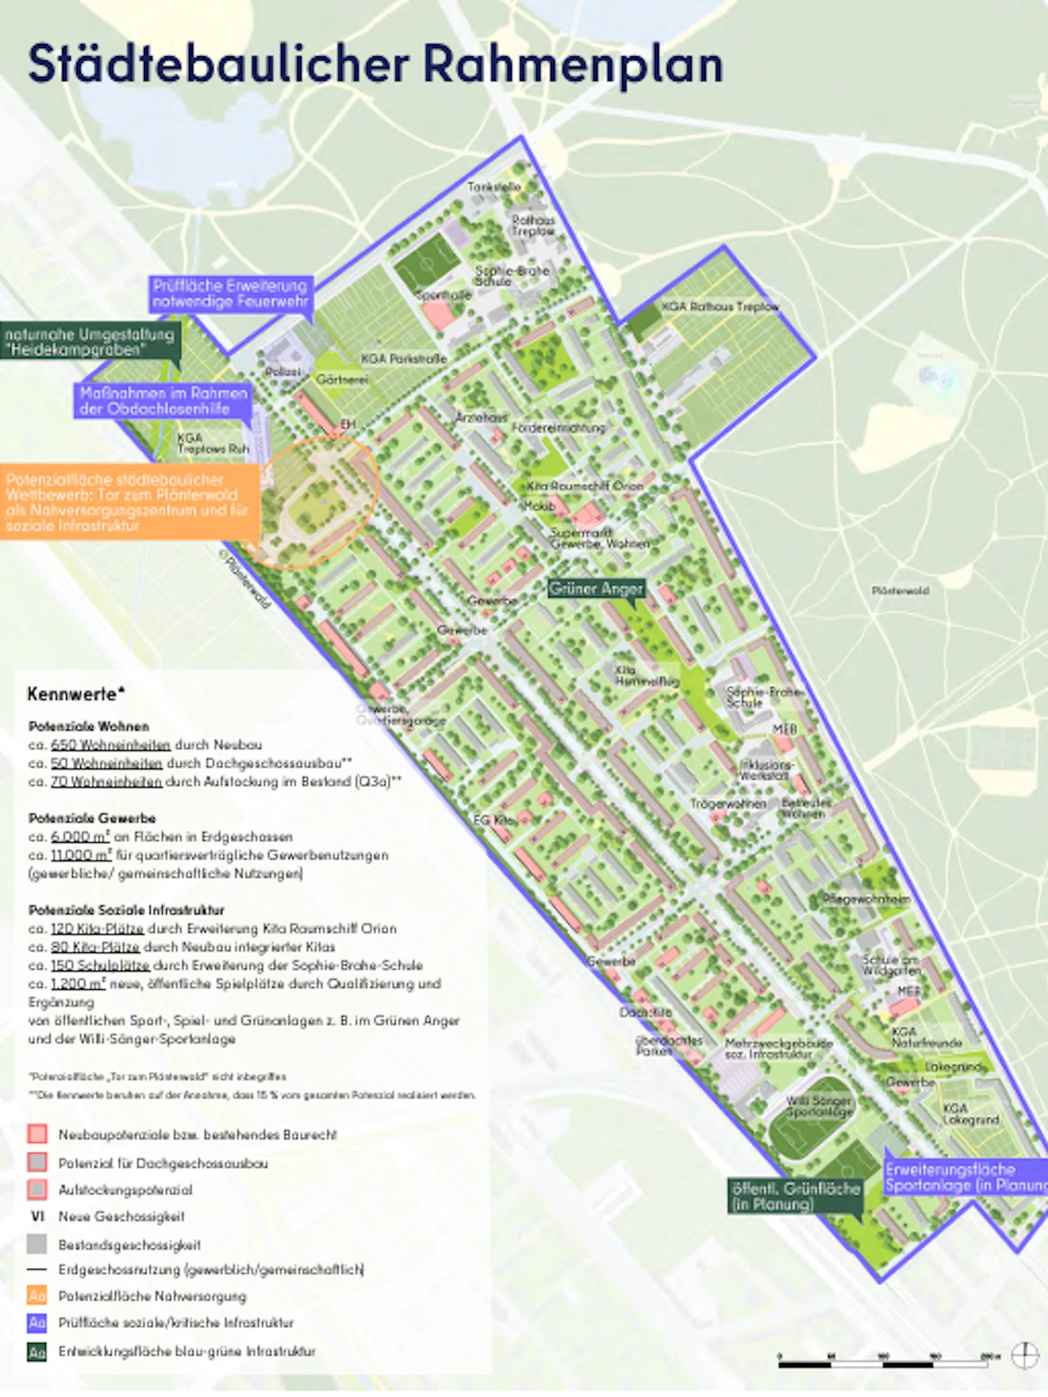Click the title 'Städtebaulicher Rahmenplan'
click(x=375, y=64)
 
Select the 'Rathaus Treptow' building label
click(x=533, y=226)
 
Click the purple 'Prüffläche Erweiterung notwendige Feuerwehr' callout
click(x=231, y=294)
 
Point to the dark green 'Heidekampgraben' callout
click(x=90, y=341)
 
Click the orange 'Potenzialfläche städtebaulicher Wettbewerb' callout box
click(x=129, y=502)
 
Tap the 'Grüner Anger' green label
click(x=596, y=588)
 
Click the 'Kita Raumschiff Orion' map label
click(x=584, y=486)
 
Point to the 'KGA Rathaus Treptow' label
click(x=720, y=306)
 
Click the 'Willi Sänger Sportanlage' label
click(x=819, y=1107)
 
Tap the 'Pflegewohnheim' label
click(x=866, y=899)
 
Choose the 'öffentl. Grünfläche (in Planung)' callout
click(x=795, y=1196)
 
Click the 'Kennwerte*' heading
click(x=76, y=694)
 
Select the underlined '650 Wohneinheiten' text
click(x=110, y=744)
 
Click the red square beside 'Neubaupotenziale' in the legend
click(x=37, y=1135)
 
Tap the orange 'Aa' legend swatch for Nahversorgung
click(x=37, y=1296)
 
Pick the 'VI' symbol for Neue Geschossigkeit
click(x=37, y=1216)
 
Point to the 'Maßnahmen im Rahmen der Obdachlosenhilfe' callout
click(x=163, y=401)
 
